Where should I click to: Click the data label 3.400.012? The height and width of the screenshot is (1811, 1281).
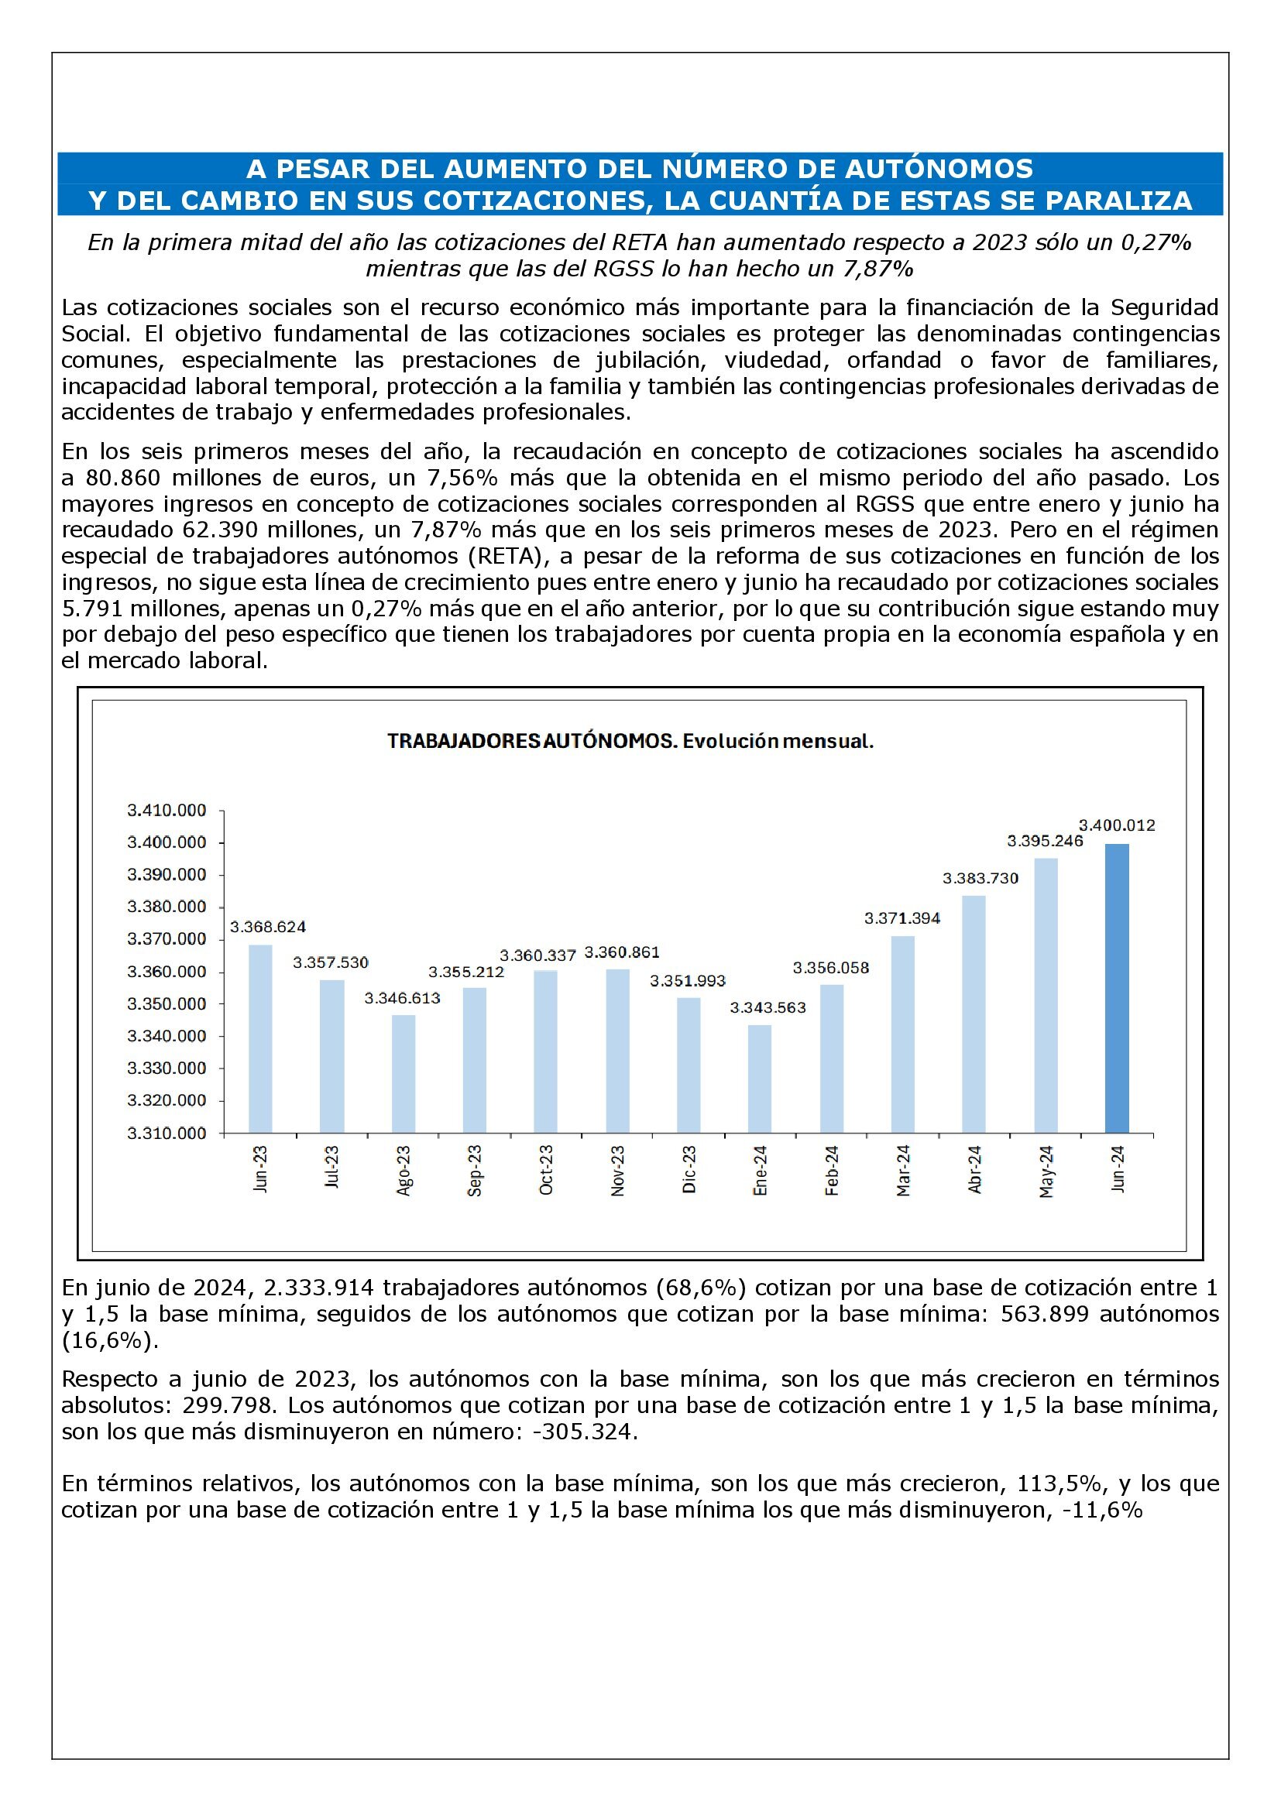click(1116, 825)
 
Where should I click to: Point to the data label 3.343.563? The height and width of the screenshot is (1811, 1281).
click(768, 1007)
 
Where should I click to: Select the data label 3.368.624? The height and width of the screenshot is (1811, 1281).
click(267, 926)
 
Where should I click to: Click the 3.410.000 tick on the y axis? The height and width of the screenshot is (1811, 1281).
click(167, 810)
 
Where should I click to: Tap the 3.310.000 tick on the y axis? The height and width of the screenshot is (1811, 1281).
click(167, 1133)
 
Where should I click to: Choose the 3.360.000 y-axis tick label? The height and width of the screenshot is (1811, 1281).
click(167, 971)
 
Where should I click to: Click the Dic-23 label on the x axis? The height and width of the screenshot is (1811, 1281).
click(689, 1169)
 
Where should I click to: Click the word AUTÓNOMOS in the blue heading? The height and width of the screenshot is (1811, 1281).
click(936, 169)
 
